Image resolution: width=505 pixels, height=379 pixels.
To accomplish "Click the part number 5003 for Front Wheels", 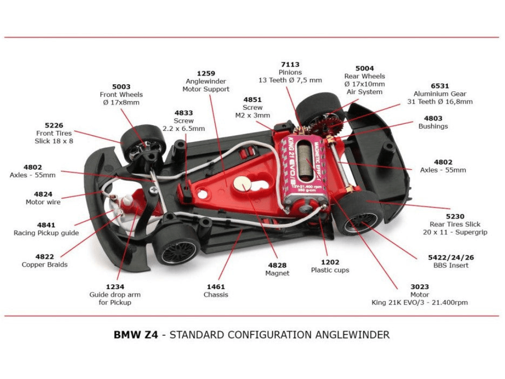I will pyautogui.click(x=121, y=86).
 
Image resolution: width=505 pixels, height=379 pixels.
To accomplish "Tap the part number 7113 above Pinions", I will pyautogui.click(x=290, y=65).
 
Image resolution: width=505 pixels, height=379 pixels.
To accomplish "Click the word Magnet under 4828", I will pyautogui.click(x=277, y=273).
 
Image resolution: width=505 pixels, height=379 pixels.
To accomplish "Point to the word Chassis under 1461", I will pyautogui.click(x=216, y=295).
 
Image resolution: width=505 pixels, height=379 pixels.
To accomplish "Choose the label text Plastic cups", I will pyautogui.click(x=330, y=270).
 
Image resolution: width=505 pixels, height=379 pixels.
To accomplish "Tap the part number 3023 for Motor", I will pyautogui.click(x=419, y=287).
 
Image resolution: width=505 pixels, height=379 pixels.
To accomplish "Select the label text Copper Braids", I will pyautogui.click(x=44, y=265).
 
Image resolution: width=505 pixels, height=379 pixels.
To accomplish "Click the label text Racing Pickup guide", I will pyautogui.click(x=46, y=233).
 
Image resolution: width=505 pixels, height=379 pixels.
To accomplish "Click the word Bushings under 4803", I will pyautogui.click(x=433, y=126).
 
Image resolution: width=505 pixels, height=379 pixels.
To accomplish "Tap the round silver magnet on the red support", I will pyautogui.click(x=242, y=184).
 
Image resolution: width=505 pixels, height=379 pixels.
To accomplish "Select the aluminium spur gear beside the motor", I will pyautogui.click(x=332, y=124).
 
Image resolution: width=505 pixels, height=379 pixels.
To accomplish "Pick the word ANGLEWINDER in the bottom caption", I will pyautogui.click(x=351, y=335).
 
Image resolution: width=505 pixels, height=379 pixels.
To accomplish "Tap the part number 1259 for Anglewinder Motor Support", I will pyautogui.click(x=206, y=74).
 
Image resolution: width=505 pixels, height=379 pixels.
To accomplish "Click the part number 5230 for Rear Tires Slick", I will pyautogui.click(x=455, y=216).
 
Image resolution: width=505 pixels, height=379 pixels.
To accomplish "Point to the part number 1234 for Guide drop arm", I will pyautogui.click(x=115, y=287).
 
